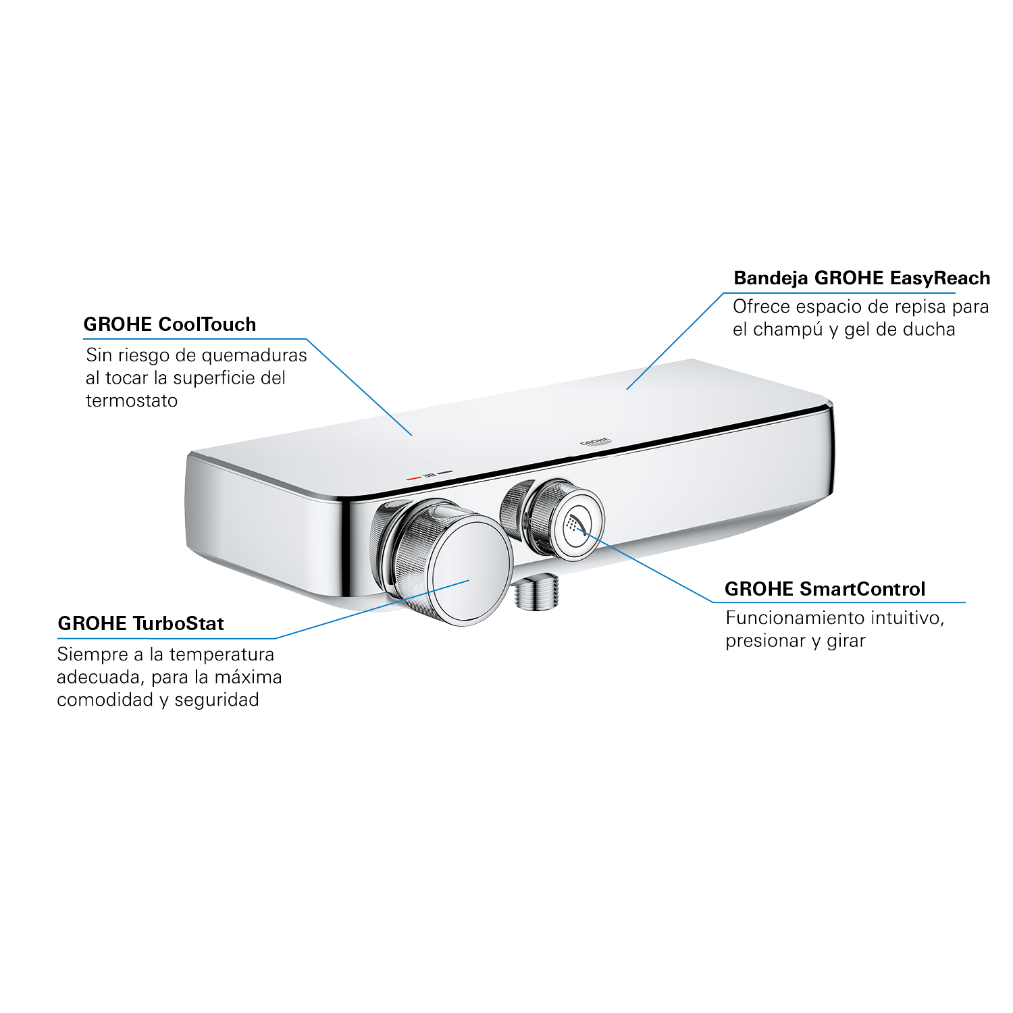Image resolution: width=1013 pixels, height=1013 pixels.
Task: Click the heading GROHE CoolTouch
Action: click(170, 324)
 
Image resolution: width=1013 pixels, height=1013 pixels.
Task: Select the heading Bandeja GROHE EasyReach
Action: click(862, 278)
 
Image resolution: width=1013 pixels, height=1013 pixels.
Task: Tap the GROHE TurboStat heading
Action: click(140, 623)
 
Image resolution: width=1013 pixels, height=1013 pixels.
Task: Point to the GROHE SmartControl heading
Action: click(825, 589)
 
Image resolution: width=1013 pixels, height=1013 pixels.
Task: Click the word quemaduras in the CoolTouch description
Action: click(254, 356)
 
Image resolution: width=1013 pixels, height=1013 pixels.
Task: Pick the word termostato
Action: click(132, 400)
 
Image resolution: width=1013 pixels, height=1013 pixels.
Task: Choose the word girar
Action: click(846, 642)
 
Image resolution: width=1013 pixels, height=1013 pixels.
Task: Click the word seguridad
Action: click(217, 700)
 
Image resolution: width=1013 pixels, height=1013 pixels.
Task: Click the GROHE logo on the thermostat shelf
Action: click(595, 442)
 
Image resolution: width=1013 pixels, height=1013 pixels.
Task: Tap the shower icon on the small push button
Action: click(575, 525)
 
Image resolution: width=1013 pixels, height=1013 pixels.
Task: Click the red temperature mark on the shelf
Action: click(413, 477)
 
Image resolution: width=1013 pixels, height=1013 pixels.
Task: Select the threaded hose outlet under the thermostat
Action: click(536, 592)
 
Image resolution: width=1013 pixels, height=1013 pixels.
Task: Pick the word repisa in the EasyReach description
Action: click(922, 307)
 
